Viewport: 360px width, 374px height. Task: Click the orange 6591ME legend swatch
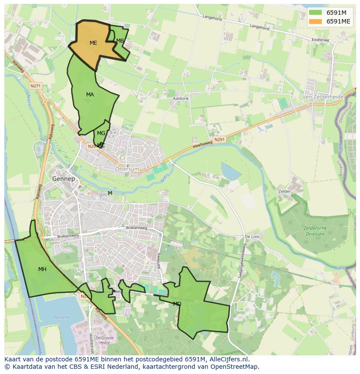(x=316, y=21)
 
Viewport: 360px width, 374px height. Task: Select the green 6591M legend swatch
(x=316, y=13)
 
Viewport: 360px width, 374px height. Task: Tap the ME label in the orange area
(x=93, y=43)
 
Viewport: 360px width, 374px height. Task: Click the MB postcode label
(x=120, y=41)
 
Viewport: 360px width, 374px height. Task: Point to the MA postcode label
(x=90, y=95)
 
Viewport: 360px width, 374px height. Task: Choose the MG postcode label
(x=101, y=133)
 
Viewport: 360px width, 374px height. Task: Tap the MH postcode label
(x=42, y=269)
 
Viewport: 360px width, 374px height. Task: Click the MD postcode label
(x=177, y=304)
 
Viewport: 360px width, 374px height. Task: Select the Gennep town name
(x=63, y=179)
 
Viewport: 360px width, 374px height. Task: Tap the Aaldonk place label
(x=181, y=99)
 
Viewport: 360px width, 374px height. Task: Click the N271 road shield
(x=36, y=86)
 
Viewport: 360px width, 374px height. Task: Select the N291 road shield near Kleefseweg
(x=219, y=139)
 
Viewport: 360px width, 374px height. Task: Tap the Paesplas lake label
(x=62, y=318)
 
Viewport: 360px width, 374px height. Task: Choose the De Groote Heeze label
(x=104, y=340)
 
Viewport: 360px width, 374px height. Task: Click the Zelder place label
(x=284, y=191)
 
